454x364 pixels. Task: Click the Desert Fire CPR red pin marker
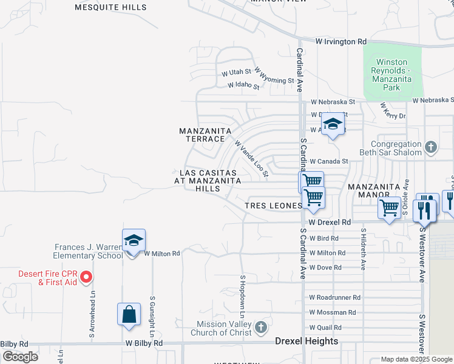(86, 277)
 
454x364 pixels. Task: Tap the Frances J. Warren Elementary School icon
(134, 240)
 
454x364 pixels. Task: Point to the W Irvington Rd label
(342, 41)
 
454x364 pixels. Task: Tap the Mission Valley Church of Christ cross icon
(260, 328)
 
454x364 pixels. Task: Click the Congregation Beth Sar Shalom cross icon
(430, 147)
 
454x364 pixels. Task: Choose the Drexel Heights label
(307, 341)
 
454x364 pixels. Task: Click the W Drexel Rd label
(330, 223)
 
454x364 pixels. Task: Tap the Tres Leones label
(273, 206)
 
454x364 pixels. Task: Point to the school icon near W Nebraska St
(332, 124)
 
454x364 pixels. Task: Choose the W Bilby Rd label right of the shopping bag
(144, 343)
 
